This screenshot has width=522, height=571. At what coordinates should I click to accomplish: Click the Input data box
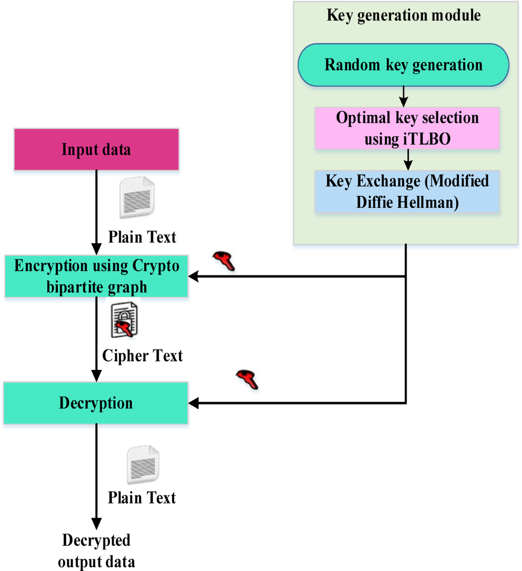(96, 149)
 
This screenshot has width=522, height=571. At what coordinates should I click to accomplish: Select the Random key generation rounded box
(403, 65)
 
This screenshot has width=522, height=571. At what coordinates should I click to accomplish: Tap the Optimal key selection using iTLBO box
(407, 128)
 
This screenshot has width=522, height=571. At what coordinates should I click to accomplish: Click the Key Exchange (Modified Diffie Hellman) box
(407, 191)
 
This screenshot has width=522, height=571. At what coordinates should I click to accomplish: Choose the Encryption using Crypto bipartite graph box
(96, 276)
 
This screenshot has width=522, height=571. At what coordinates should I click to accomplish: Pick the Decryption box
(96, 403)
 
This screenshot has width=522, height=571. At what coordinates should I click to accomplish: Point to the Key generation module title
(403, 15)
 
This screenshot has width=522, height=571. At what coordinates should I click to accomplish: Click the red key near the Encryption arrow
(224, 261)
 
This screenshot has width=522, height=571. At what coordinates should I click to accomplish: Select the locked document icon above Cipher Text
(124, 321)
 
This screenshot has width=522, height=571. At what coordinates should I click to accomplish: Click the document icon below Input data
(137, 198)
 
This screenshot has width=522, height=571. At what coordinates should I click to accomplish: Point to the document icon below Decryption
(143, 465)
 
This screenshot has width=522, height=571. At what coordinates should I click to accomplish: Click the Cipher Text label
(142, 356)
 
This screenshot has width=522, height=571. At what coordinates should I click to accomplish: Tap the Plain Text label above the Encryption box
(142, 237)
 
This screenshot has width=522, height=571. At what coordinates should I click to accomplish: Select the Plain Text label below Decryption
(142, 497)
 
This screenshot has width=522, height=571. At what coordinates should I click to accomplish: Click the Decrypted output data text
(96, 551)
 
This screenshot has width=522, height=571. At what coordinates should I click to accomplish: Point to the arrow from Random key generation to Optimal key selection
(404, 96)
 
